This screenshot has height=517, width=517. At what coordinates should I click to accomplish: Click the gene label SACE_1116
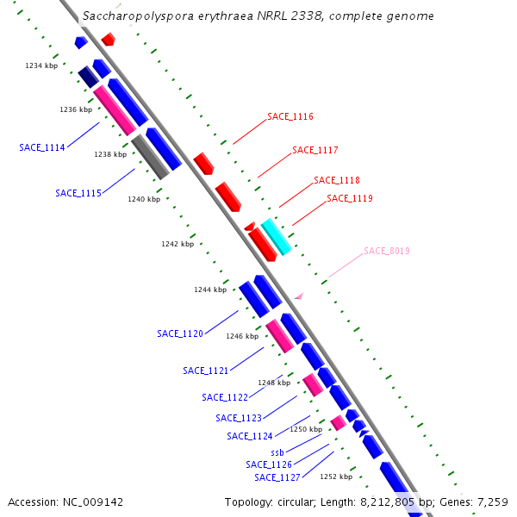tap(290, 116)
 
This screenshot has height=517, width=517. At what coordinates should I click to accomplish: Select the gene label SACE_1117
tap(315, 150)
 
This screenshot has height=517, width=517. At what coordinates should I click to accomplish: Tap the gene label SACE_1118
tap(337, 180)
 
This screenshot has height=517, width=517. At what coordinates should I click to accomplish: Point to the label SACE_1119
tap(350, 198)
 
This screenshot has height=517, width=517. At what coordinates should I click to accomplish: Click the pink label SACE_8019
tap(387, 251)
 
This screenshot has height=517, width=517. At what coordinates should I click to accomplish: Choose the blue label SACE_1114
tap(42, 147)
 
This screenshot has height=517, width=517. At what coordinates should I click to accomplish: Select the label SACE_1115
tap(78, 193)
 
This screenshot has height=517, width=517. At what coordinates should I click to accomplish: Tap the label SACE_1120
tap(180, 333)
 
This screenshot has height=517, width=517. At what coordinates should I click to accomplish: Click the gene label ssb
tap(277, 452)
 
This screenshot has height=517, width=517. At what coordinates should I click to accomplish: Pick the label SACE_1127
tap(277, 477)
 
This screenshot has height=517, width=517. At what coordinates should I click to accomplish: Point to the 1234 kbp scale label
tap(40, 65)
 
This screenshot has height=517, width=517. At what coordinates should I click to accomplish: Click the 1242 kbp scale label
tap(177, 244)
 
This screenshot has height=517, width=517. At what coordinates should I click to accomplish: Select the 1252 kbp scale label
tap(336, 476)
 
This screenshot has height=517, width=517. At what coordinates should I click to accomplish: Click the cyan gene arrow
tap(277, 236)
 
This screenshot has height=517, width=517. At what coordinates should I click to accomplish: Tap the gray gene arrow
tap(150, 157)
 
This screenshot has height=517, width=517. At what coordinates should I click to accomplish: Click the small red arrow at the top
tap(109, 39)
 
